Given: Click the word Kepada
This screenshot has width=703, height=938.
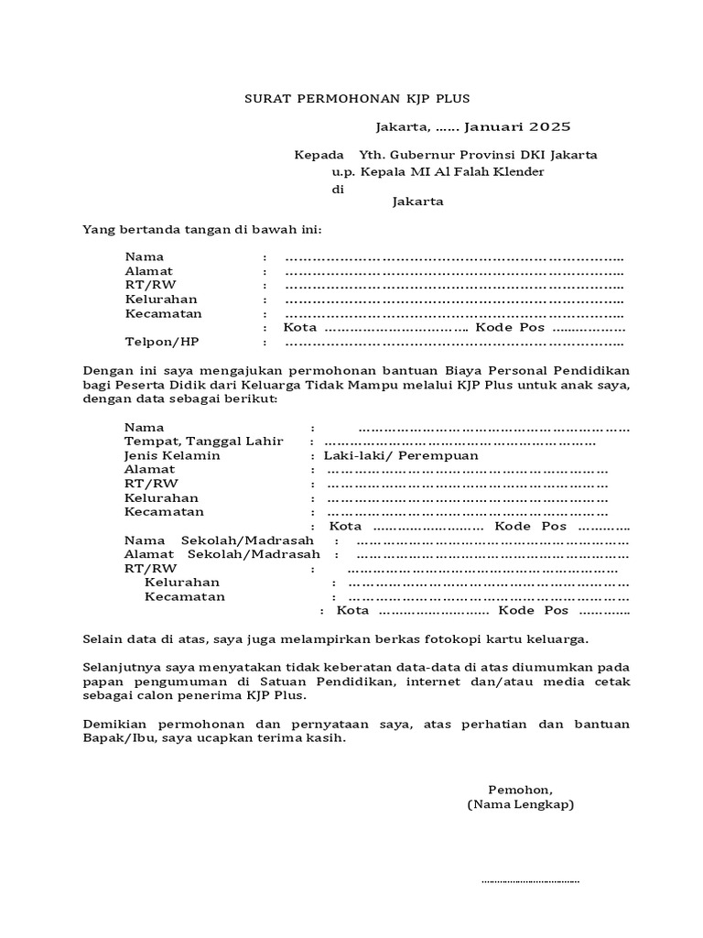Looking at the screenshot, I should (x=319, y=155).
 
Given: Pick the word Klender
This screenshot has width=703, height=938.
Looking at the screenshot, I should (x=517, y=171).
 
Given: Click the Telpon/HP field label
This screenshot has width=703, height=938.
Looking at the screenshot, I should (x=162, y=342).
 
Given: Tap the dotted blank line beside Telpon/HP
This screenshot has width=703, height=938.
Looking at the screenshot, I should (x=454, y=344).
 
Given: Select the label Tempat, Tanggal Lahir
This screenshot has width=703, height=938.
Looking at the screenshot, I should (x=204, y=441).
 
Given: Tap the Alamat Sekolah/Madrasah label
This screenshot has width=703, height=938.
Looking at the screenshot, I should (x=222, y=554).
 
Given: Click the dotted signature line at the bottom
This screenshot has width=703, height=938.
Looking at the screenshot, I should (x=530, y=882).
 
